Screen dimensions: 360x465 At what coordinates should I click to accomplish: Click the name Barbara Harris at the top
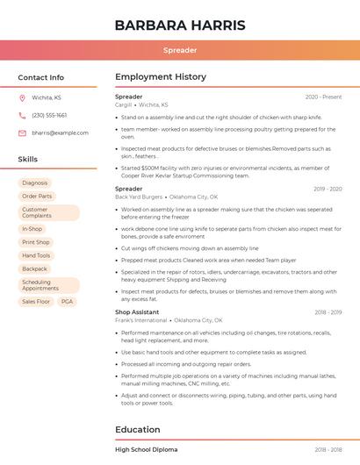point(180,25)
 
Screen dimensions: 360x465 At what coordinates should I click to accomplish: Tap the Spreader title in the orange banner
point(180,50)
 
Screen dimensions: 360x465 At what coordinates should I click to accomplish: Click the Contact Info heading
point(41,77)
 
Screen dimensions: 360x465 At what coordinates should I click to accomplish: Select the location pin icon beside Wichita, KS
point(23,97)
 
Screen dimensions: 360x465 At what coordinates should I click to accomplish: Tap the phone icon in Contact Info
point(23,115)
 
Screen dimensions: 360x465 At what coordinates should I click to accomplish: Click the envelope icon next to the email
point(23,132)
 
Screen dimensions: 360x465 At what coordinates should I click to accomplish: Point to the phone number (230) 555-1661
point(49,115)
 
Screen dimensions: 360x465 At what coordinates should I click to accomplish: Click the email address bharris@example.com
point(61,132)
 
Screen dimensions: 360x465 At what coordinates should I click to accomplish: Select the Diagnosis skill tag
point(35,182)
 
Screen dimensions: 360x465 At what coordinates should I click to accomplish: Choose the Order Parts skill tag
point(37,196)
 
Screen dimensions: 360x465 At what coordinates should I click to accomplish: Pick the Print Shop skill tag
point(36,242)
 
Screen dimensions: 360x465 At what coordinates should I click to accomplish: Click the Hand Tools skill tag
point(36,255)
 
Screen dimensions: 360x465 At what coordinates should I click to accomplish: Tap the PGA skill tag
point(67,301)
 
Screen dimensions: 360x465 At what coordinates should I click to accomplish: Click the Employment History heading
point(161,77)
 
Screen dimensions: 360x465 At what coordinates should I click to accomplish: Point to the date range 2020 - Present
point(323,97)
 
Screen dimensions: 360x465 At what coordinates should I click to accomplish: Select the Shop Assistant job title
point(137,311)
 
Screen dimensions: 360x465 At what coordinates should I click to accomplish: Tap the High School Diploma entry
point(146,449)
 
